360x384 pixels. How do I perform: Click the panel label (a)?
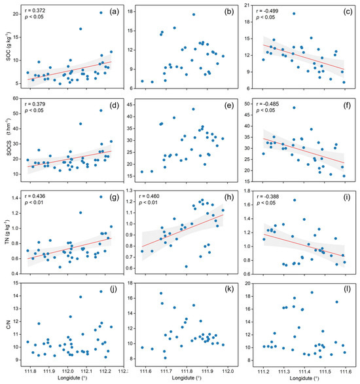pyautogui.click(x=114, y=12)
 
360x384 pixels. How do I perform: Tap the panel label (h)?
pyautogui.click(x=228, y=197)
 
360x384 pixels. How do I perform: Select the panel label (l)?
pyautogui.click(x=348, y=289)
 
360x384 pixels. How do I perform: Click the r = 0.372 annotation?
pyautogui.click(x=35, y=10)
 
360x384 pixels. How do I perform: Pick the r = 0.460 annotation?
pyautogui.click(x=149, y=196)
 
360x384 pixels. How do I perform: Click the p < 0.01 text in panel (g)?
pyautogui.click(x=34, y=202)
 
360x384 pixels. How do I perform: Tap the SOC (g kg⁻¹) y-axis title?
pyautogui.click(x=9, y=47)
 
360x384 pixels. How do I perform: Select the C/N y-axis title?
pyautogui.click(x=9, y=324)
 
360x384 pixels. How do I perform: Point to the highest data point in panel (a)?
pyautogui.click(x=101, y=12)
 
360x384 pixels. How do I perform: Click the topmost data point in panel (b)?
pyautogui.click(x=194, y=14)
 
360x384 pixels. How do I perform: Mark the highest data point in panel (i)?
pyautogui.click(x=295, y=200)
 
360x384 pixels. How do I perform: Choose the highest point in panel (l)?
pyautogui.click(x=312, y=292)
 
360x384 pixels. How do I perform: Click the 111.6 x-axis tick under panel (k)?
pyautogui.click(x=146, y=372)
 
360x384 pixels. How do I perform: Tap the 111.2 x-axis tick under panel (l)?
pyautogui.click(x=263, y=372)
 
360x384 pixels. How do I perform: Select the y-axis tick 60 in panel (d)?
pyautogui.click(x=16, y=98)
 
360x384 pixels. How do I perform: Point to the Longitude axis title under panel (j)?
pyautogui.click(x=72, y=378)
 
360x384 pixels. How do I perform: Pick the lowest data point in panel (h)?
pyautogui.click(x=187, y=267)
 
